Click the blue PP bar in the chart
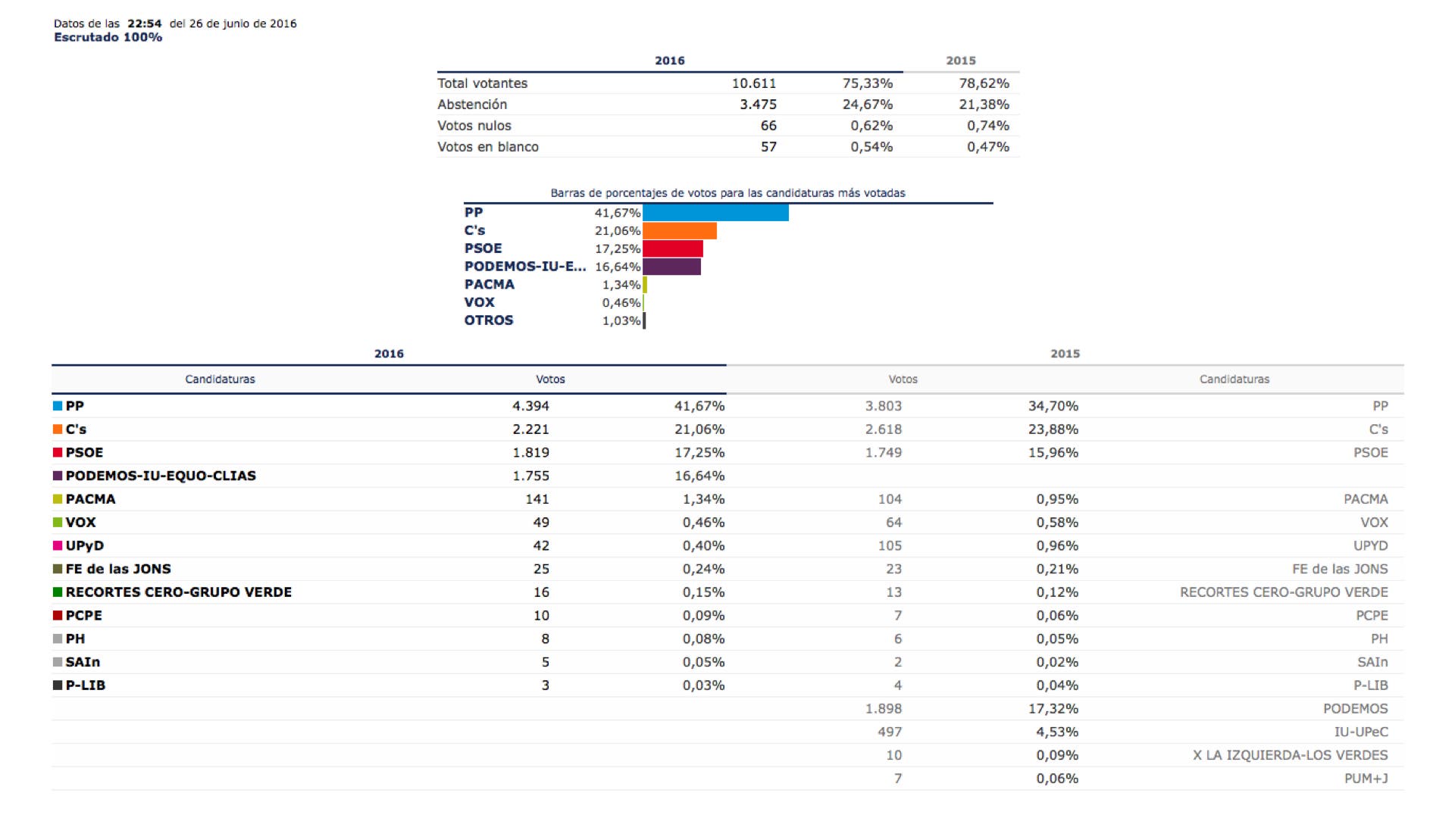click(x=715, y=213)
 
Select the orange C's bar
click(x=680, y=231)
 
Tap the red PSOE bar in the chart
click(x=673, y=248)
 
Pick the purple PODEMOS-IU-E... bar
click(x=671, y=267)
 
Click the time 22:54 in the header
click(x=144, y=23)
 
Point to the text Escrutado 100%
click(x=108, y=37)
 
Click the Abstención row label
click(x=472, y=105)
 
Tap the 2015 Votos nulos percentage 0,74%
click(x=987, y=126)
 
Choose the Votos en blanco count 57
click(x=768, y=147)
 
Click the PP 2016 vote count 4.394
click(x=530, y=406)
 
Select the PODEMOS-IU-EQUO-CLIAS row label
click(x=161, y=476)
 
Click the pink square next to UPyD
click(x=58, y=546)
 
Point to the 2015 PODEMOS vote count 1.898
click(x=884, y=709)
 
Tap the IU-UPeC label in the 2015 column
click(x=1361, y=732)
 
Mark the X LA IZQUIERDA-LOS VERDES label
click(x=1290, y=755)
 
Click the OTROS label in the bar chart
click(x=489, y=320)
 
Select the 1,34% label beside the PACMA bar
click(x=621, y=285)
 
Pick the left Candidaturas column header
click(x=220, y=379)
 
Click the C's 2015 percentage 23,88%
click(x=1053, y=429)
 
